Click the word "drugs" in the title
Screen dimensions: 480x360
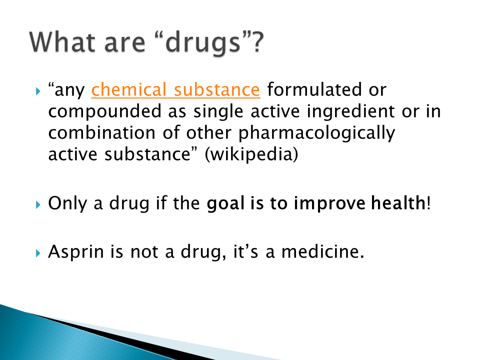tap(202, 43)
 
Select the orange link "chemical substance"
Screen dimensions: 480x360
tap(175, 89)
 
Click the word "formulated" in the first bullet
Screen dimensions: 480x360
tap(311, 89)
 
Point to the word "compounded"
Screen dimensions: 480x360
tap(104, 111)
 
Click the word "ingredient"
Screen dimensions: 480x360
tap(350, 111)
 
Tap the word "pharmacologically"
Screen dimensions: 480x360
tap(317, 133)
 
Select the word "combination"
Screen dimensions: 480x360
tap(101, 132)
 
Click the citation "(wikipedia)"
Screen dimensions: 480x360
tap(251, 154)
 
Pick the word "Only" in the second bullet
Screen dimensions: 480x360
tap(67, 203)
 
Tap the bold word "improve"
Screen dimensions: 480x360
tap(329, 203)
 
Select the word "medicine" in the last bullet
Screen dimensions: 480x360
tap(320, 251)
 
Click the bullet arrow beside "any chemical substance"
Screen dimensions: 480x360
tap(38, 91)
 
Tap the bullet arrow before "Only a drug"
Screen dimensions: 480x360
tap(38, 204)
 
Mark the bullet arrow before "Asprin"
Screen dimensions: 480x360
tap(38, 253)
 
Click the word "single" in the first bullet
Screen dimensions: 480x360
tap(218, 111)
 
